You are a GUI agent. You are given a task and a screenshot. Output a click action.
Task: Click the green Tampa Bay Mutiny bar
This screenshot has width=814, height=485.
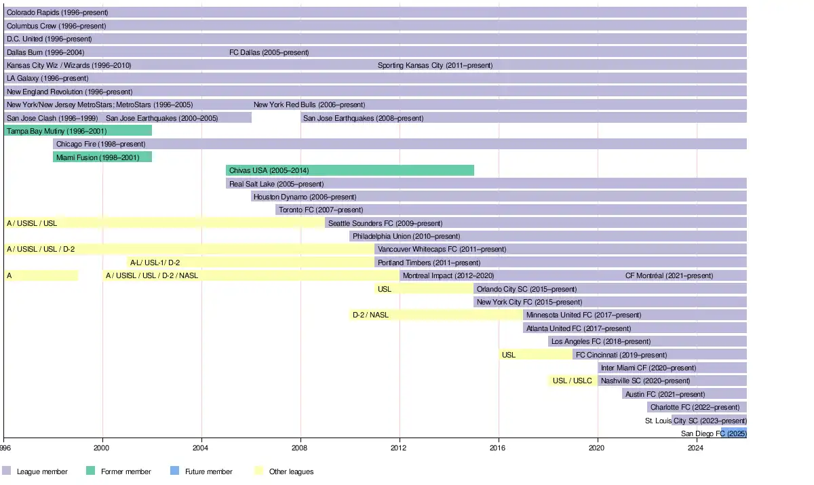[x=78, y=131]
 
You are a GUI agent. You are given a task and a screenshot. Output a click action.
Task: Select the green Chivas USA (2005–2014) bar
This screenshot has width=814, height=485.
[x=349, y=170]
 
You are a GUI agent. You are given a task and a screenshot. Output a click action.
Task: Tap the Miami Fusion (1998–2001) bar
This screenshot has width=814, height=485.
[x=102, y=157]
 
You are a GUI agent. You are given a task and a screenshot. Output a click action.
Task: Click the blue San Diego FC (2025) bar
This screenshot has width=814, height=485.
[x=734, y=433]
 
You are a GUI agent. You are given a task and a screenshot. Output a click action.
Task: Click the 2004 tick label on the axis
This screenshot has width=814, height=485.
[x=201, y=448]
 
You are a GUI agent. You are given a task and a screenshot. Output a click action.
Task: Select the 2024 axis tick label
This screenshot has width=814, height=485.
[x=696, y=448]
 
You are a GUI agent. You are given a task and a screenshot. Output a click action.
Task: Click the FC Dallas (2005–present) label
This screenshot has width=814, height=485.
[x=269, y=52]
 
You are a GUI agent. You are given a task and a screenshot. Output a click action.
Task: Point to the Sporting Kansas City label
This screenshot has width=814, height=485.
[x=435, y=66]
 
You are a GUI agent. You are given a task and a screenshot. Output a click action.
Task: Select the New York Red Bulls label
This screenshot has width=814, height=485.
[x=309, y=105]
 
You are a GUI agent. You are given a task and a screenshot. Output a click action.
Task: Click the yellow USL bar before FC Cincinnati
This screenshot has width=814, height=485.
[x=535, y=355]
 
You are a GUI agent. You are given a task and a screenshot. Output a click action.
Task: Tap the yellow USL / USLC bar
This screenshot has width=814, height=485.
[x=573, y=381]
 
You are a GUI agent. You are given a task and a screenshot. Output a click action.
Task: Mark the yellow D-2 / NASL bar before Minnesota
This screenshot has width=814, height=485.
[x=436, y=315]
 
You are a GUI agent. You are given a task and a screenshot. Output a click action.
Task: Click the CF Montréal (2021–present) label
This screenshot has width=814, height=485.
[x=669, y=275]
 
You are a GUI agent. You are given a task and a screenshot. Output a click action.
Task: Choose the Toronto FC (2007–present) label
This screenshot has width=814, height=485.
[x=321, y=210]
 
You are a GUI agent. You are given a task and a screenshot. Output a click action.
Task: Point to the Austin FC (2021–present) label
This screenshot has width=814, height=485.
[x=665, y=394]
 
